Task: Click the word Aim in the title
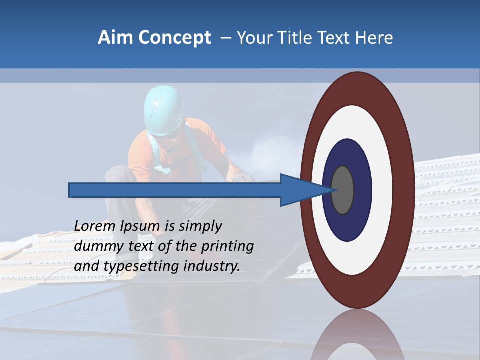[x=116, y=38]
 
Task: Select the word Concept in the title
[x=174, y=38]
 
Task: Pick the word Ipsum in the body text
[x=141, y=226]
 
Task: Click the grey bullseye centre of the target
[x=343, y=190]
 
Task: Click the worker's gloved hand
[x=243, y=177]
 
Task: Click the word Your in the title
[x=253, y=38]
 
